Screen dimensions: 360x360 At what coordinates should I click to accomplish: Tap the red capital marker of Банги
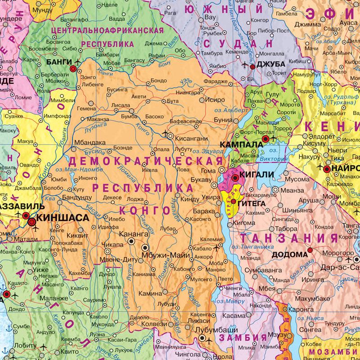[73, 68]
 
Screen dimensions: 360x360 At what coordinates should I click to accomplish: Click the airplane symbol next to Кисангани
[168, 134]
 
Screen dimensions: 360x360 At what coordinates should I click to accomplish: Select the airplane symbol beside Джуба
[245, 65]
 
